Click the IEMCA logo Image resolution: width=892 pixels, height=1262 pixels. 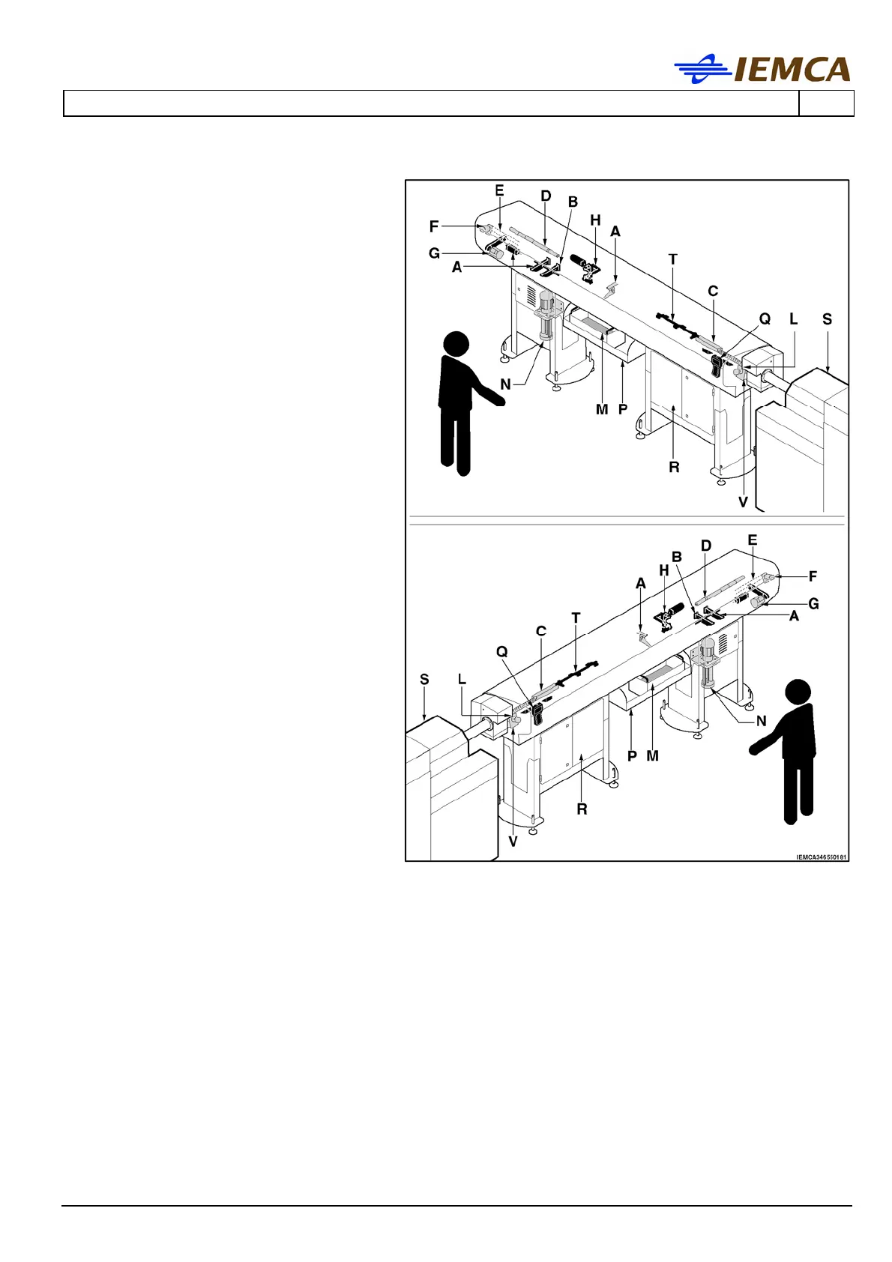(762, 69)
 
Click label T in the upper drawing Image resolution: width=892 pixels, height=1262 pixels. (672, 259)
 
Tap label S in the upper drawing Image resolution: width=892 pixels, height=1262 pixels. (827, 319)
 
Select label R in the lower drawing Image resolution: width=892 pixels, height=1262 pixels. (582, 809)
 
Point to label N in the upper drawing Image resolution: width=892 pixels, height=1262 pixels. (505, 384)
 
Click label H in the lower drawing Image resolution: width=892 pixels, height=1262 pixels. (663, 571)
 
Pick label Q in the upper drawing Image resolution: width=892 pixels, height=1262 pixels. (765, 319)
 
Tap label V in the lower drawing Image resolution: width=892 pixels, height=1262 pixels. (513, 842)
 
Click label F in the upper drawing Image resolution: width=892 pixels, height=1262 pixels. (433, 226)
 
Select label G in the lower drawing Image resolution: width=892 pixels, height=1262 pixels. (813, 603)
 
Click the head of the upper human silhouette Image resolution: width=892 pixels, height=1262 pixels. (456, 345)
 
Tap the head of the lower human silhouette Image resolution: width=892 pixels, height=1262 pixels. (798, 692)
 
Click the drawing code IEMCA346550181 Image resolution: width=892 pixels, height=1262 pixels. (821, 857)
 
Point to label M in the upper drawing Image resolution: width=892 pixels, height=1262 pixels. (602, 409)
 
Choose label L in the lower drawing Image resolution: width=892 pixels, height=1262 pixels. (462, 680)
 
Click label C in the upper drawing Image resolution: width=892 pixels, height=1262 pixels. (713, 291)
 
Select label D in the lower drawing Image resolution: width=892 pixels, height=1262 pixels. (705, 546)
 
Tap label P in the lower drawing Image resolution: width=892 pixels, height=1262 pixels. (632, 755)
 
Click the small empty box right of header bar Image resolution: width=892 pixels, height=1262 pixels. (826, 103)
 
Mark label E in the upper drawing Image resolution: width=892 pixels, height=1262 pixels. (499, 191)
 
